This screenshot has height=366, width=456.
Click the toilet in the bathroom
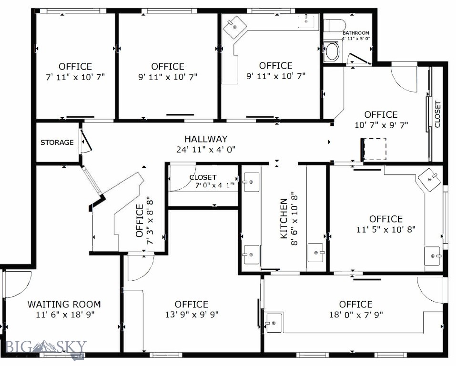pos(334,25)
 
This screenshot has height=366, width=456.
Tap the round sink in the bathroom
pos(332,51)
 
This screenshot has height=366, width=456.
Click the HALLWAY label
pos(206,139)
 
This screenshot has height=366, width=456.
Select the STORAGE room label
pos(57,142)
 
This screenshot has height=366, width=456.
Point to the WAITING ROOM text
pos(64,305)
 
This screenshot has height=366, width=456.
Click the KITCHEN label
pos(284,218)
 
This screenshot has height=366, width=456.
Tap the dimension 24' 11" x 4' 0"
pos(206,150)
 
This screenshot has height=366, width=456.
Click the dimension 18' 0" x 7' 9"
pos(356,315)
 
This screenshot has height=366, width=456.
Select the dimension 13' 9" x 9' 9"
pos(192,315)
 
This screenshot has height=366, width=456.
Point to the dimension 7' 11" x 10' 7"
pos(75,77)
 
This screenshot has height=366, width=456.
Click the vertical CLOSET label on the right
pos(437,114)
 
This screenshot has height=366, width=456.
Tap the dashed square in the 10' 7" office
pos(375,149)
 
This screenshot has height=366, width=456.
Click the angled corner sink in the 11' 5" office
pos(429,180)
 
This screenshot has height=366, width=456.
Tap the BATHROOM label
pos(355,33)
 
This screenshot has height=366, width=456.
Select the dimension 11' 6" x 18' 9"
pos(65,315)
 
